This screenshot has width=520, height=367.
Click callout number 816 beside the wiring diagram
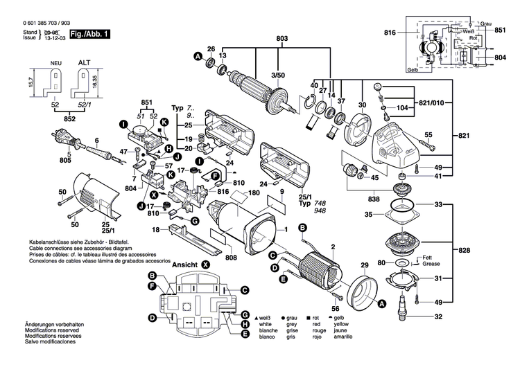pos(390,33)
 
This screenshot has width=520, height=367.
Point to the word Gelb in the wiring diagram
pos(413,70)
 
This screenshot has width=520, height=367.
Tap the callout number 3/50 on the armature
pos(277,74)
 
